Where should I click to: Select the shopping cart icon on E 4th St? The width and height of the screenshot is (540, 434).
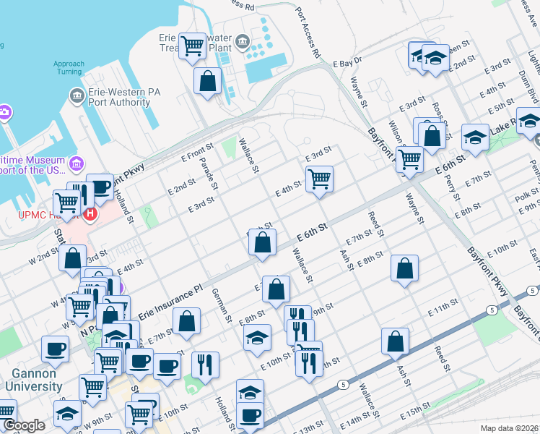point(319,177)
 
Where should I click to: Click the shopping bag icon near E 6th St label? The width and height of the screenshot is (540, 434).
point(263,242)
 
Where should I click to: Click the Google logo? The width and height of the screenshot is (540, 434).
point(24,425)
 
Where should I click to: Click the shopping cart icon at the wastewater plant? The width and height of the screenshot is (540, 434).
point(193,46)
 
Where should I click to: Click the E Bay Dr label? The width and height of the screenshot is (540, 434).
point(347,64)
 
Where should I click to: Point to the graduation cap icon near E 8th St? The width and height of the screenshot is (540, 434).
point(256,337)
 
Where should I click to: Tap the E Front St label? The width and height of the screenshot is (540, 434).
point(193,154)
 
